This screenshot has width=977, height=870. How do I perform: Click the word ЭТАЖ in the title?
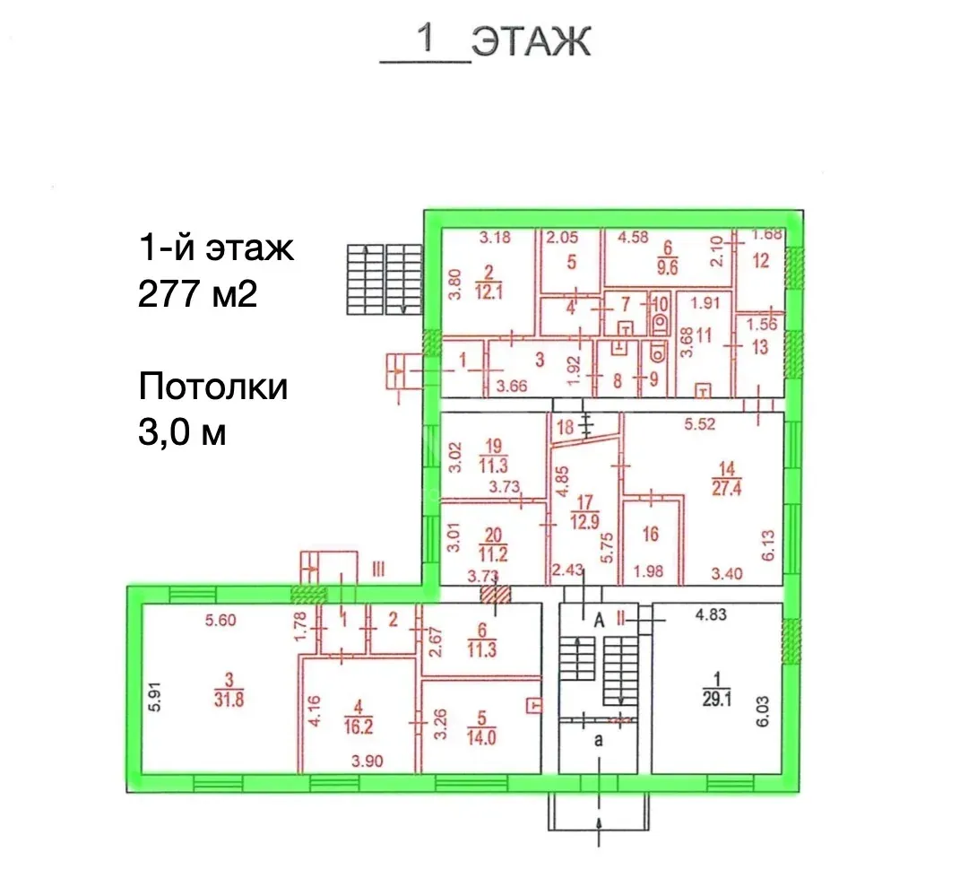pos(531,41)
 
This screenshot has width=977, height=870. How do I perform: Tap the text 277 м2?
pos(197,293)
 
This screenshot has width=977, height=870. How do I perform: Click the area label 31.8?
pos(229,700)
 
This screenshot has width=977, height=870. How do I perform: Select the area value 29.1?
pos(716,699)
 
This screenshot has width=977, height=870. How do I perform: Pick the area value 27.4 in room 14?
pos(727,488)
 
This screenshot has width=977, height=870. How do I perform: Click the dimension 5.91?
pos(154,697)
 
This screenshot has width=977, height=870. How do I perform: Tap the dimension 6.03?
pos(763,711)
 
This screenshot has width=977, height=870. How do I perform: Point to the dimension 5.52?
pos(700,424)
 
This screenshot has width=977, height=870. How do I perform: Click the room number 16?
pos(651,534)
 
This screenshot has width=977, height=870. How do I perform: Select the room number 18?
pos(566,428)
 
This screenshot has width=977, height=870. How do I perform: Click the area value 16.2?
pos(359,726)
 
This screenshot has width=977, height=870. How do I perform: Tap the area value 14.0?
pos(481,738)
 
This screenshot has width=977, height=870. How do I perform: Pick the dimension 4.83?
pos(711,614)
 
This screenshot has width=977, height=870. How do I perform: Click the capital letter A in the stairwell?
pos(599,620)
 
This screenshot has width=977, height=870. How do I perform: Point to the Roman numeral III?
pos(378,569)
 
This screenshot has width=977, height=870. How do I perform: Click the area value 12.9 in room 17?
pos(584,521)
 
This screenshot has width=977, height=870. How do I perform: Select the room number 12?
pos(761,261)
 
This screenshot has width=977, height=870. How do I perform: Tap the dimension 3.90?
pos(367,761)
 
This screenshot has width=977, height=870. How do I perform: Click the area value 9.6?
pos(668,267)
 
